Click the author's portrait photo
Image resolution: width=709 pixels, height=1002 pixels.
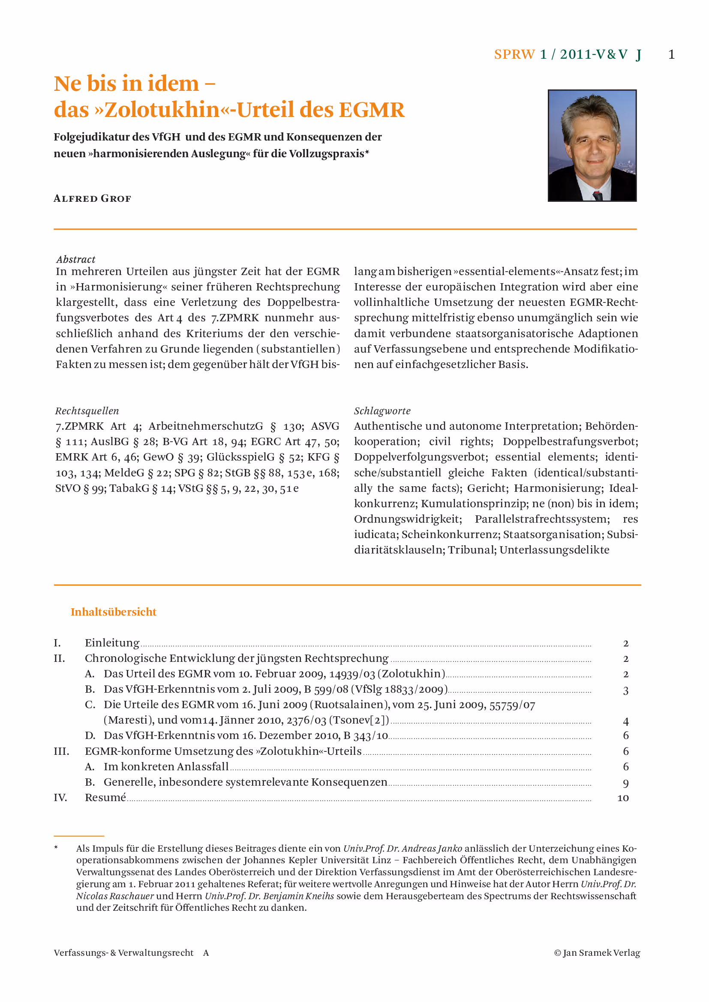coord(592,145)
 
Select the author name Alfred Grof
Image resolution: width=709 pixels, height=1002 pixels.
coord(92,199)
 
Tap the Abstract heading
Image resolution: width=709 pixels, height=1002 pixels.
coord(75,259)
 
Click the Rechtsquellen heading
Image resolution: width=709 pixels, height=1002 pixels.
coord(87,411)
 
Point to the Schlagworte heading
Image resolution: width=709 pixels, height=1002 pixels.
coord(382,411)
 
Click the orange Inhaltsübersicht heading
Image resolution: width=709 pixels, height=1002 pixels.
coord(114,612)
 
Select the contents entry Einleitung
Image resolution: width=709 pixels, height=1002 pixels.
coord(112,643)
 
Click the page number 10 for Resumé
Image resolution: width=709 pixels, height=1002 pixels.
coord(623,798)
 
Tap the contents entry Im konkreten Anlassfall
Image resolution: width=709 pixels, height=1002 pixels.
coord(166,767)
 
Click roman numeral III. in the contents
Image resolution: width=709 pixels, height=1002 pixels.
coord(61,751)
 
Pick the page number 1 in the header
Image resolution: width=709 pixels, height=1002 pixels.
coord(671,54)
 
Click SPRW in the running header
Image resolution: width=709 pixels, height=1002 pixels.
coord(514,54)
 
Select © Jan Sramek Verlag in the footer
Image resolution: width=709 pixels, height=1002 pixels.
coord(597,953)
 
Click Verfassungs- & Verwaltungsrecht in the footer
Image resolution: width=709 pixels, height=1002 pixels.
coord(123,953)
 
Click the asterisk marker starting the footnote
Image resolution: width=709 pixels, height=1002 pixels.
coord(56,848)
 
